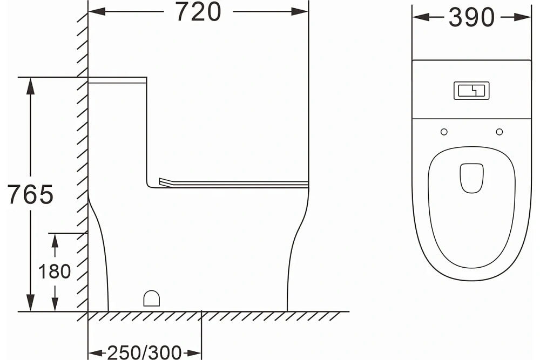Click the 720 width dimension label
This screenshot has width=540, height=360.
point(198,12)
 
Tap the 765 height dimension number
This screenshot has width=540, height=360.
point(30,194)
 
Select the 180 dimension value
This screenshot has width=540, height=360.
point(55,271)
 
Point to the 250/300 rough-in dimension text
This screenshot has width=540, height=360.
point(144,352)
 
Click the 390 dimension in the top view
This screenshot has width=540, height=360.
point(471,18)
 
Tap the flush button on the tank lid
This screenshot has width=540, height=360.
point(471,91)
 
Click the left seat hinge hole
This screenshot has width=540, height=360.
point(444,132)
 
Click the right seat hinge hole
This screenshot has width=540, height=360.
point(500,132)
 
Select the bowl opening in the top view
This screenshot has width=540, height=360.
point(472,178)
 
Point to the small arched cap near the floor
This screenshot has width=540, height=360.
point(152,298)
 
